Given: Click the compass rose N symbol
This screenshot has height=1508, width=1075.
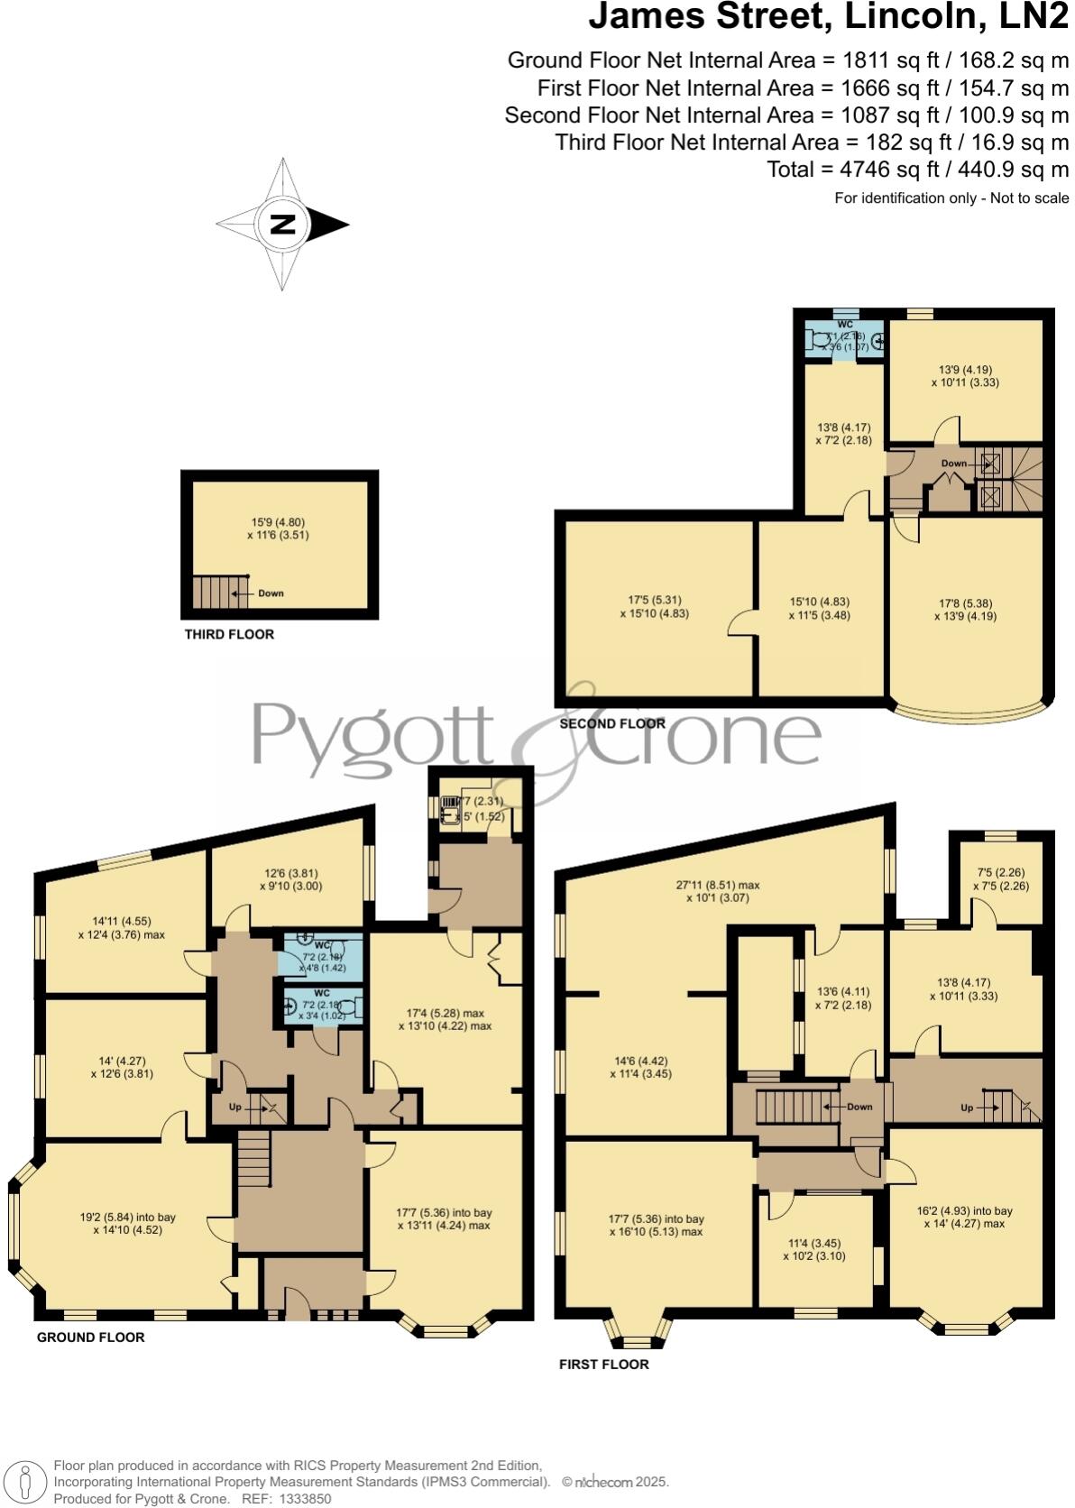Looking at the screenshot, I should point(283,225).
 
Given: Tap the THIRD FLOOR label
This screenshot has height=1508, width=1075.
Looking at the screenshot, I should point(229,634).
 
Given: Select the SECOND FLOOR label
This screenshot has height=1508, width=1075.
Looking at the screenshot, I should point(612,723).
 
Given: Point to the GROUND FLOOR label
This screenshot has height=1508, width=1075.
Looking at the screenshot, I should point(90,1337).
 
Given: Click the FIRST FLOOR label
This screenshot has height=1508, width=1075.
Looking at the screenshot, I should point(603,1364).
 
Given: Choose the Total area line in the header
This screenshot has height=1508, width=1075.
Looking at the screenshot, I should point(917,170).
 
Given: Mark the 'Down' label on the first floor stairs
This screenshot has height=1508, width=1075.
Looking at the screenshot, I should point(859,1107).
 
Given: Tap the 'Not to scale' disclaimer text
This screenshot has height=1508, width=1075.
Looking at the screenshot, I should point(1029,198).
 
